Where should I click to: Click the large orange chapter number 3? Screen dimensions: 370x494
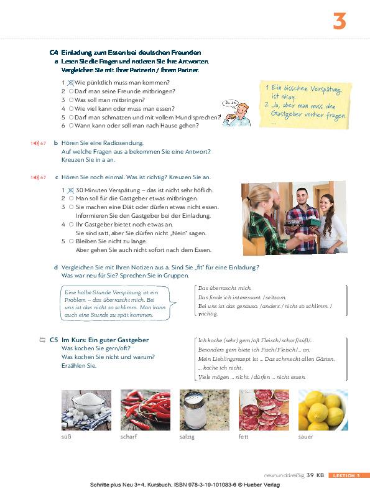[x=339, y=21]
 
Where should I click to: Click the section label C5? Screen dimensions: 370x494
[x=53, y=340]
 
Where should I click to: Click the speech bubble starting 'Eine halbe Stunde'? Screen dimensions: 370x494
[x=116, y=304]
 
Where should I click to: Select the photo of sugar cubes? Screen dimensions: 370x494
[x=86, y=410]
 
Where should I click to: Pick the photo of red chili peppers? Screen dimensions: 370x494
[x=146, y=410]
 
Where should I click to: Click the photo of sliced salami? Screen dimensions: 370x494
[x=264, y=410]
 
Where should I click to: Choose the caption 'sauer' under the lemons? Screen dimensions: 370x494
[x=305, y=437]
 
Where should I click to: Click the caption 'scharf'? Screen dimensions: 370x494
[x=129, y=437]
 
